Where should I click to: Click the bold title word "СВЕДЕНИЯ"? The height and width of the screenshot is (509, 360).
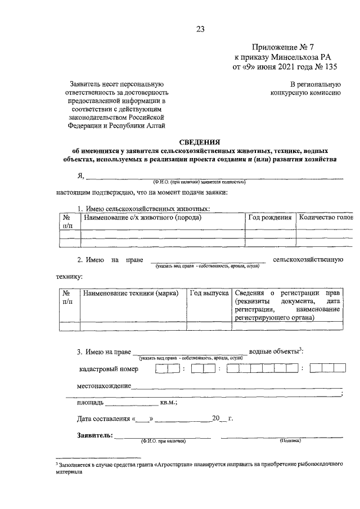[200, 142]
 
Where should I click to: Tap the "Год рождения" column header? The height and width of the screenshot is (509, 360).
[270, 218]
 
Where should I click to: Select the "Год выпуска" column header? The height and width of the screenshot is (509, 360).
[209, 293]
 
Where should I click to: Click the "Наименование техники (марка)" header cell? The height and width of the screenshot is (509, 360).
[130, 293]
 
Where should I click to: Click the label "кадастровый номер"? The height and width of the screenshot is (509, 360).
[109, 369]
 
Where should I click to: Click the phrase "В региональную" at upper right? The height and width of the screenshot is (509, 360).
[313, 84]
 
